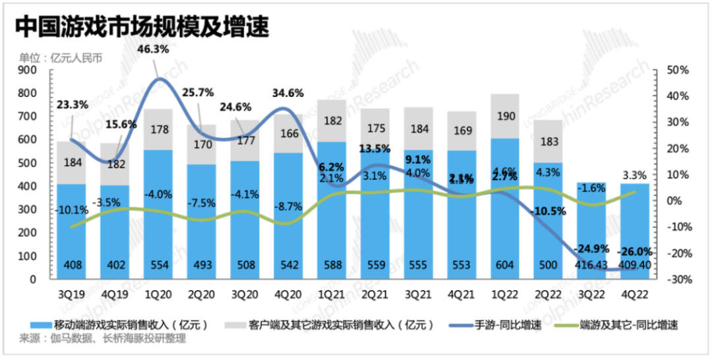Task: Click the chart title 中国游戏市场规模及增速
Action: pyautogui.click(x=142, y=27)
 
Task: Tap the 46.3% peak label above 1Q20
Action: pyautogui.click(x=153, y=49)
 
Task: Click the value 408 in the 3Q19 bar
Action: pyautogui.click(x=72, y=265)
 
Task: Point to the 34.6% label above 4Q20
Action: pyautogui.click(x=288, y=94)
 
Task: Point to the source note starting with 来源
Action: pyautogui.click(x=98, y=339)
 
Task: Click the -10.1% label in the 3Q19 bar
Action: pyautogui.click(x=72, y=211)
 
